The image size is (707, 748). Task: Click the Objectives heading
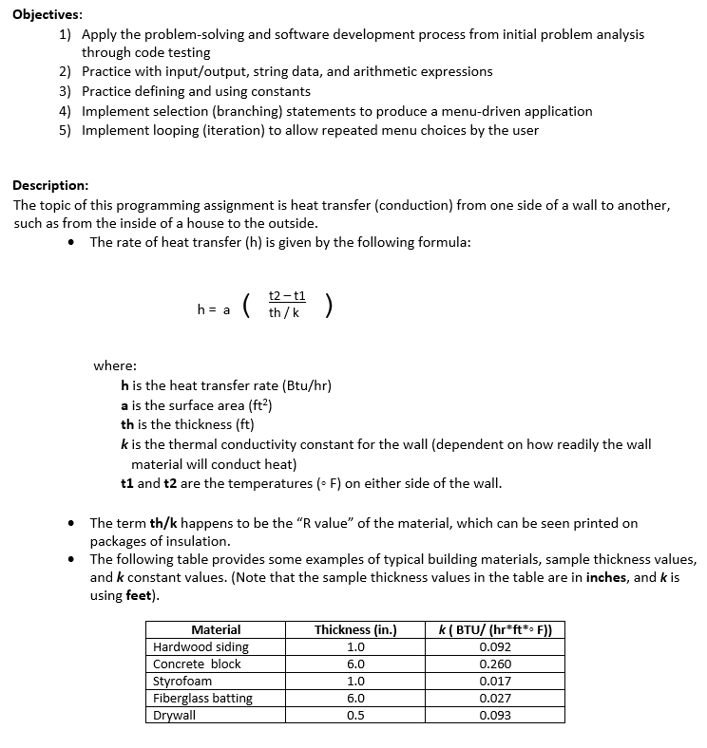pos(48,15)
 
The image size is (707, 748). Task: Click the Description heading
pos(51,186)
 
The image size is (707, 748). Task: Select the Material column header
pos(216,629)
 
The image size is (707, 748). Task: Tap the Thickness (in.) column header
pos(354,629)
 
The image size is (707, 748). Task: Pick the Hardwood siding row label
pos(201,646)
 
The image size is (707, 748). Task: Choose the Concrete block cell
pos(197,664)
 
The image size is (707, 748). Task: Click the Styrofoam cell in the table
pos(182,681)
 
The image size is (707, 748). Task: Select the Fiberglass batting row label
pos(202,698)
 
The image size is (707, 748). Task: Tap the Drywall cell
pos(174,715)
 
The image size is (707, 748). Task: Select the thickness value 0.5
pos(354,715)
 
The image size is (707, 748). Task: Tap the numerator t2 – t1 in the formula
pos(287,296)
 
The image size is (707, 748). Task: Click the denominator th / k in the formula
pos(284,312)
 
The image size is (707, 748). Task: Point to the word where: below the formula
pos(114,365)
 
